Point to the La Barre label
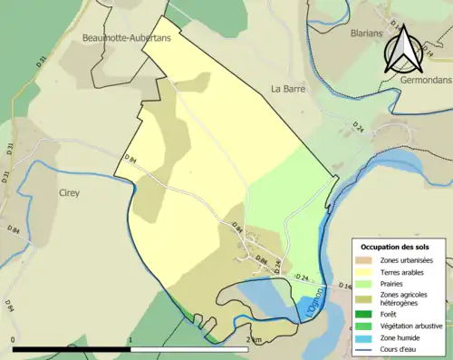pos(289,90)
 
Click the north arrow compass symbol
pos(401,50)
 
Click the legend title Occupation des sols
pos(395,247)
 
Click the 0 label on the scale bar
pos(14,340)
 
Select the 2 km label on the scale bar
pos(255,340)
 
